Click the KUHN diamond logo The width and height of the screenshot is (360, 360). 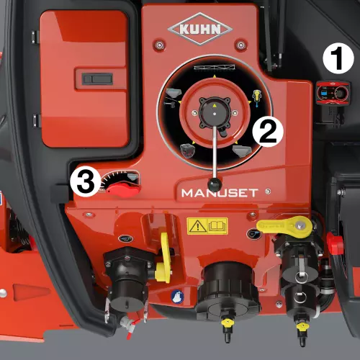tap(200, 29)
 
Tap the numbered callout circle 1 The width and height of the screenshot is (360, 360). tap(338, 58)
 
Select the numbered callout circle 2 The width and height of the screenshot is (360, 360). tap(268, 131)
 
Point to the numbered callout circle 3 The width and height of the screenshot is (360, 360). tap(86, 181)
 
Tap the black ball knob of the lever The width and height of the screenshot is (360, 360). tap(215, 184)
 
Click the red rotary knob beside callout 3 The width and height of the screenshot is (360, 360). tap(123, 190)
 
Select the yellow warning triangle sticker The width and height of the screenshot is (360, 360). tap(197, 226)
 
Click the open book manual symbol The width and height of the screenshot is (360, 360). tap(217, 226)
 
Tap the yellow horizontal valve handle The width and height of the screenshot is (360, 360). tap(284, 227)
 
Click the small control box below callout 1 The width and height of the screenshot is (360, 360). tap(333, 93)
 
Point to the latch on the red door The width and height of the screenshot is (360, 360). tap(97, 79)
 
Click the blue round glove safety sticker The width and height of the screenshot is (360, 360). tap(177, 297)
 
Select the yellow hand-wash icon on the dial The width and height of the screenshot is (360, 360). tap(257, 98)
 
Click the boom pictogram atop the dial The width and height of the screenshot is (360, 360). tap(215, 67)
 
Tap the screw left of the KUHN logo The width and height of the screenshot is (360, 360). tap(159, 45)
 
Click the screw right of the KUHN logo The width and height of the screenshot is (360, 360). tap(240, 45)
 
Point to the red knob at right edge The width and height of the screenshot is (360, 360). tap(335, 243)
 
